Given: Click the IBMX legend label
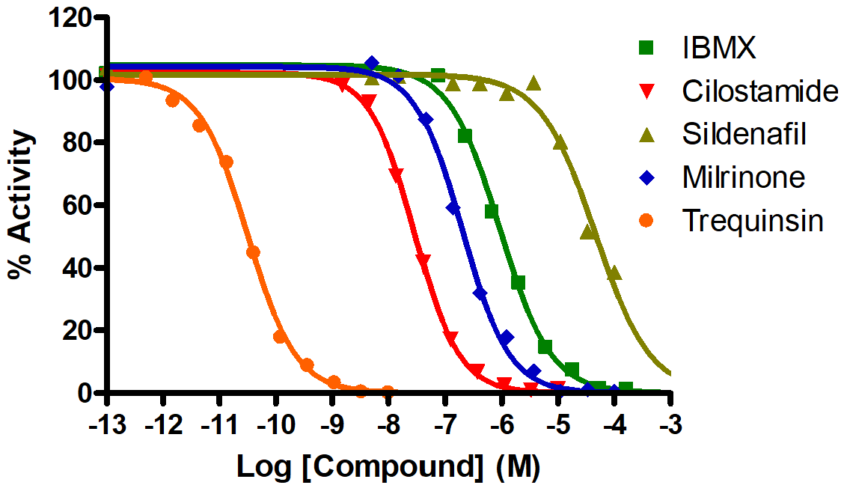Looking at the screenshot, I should (718, 48).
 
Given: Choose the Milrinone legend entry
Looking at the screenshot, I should (743, 177).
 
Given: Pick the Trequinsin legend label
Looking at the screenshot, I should (752, 221).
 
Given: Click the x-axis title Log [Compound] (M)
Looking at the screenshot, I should (388, 466).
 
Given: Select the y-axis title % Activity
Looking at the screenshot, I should (22, 204).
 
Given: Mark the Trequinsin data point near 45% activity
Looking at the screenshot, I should (253, 252).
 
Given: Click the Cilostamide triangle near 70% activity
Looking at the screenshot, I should (397, 175).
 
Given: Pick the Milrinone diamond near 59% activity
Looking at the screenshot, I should (453, 208).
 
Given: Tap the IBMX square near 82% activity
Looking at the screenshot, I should (465, 136).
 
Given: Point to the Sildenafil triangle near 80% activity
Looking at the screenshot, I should (560, 142).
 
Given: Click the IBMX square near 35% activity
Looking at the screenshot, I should (518, 283).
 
